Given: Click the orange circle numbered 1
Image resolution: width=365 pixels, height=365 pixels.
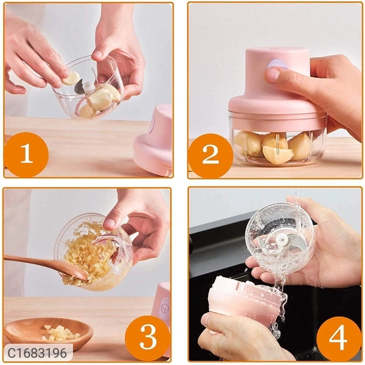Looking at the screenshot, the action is pos(26,155).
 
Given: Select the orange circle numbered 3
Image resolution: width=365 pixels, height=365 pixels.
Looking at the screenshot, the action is pos(148,338).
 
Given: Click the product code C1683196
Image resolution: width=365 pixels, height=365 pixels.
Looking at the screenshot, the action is pos(37,353).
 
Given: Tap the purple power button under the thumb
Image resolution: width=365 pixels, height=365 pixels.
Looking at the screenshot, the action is pos(277,64).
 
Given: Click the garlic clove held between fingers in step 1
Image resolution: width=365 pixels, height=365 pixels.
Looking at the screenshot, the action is pos(71,78).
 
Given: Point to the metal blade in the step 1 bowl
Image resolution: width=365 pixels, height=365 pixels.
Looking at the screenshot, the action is pos(78,86).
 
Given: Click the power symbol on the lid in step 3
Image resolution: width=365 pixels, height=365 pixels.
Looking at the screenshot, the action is pos(165,308).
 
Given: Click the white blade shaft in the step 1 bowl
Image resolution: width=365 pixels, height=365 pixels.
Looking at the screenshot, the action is pos(89,87).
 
